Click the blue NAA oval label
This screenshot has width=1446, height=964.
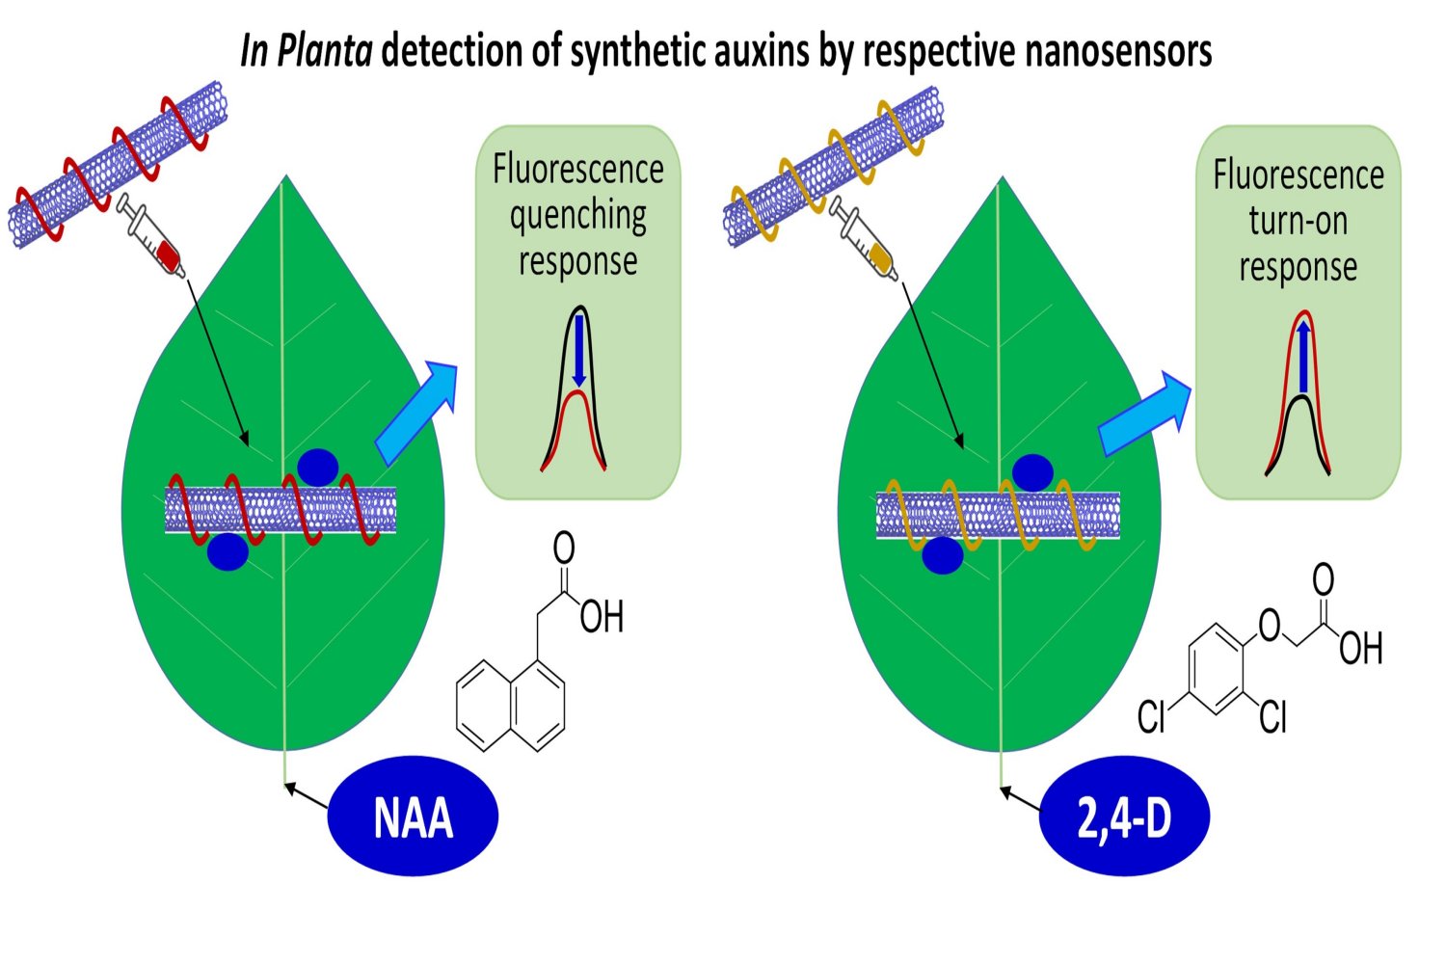(413, 817)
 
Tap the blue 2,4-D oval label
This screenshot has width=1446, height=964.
(1124, 817)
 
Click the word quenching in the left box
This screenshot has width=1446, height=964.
(577, 215)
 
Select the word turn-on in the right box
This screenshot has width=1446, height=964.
(1298, 221)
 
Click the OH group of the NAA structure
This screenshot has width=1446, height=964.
(602, 617)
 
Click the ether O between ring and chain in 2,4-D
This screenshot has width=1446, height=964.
(1270, 626)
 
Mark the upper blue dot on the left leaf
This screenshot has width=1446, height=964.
(317, 468)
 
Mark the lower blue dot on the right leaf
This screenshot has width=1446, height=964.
(942, 555)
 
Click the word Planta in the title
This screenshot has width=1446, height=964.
(324, 51)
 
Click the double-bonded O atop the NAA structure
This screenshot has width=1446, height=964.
(564, 548)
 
